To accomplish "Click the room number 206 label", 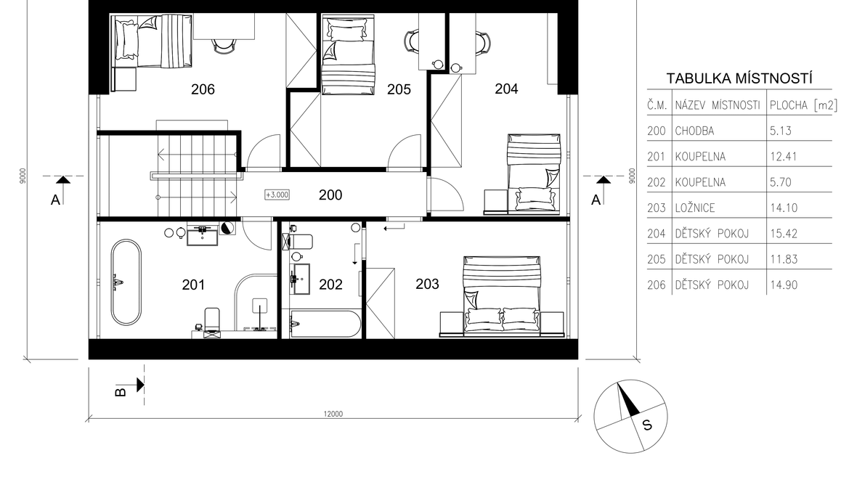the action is (x=203, y=89).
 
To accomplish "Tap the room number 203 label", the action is (x=427, y=284).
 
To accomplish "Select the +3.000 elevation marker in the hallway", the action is (x=277, y=195).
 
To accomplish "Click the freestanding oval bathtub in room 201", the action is (x=126, y=282).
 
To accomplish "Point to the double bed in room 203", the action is (x=502, y=295).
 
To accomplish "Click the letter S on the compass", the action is (x=647, y=425).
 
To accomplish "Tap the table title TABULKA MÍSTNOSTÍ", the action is (x=739, y=78).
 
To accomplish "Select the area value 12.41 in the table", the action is (x=783, y=157).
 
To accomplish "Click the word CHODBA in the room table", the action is (x=694, y=131).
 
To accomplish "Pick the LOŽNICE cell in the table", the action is (x=694, y=208).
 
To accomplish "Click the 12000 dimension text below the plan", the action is (x=333, y=414).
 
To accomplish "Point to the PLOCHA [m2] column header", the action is (x=803, y=105).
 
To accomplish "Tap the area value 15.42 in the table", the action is (x=783, y=234).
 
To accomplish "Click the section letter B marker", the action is (x=121, y=392).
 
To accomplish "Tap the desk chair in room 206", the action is (x=224, y=46).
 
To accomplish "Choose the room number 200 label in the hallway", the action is (x=330, y=195).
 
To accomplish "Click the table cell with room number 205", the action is (x=656, y=260).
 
